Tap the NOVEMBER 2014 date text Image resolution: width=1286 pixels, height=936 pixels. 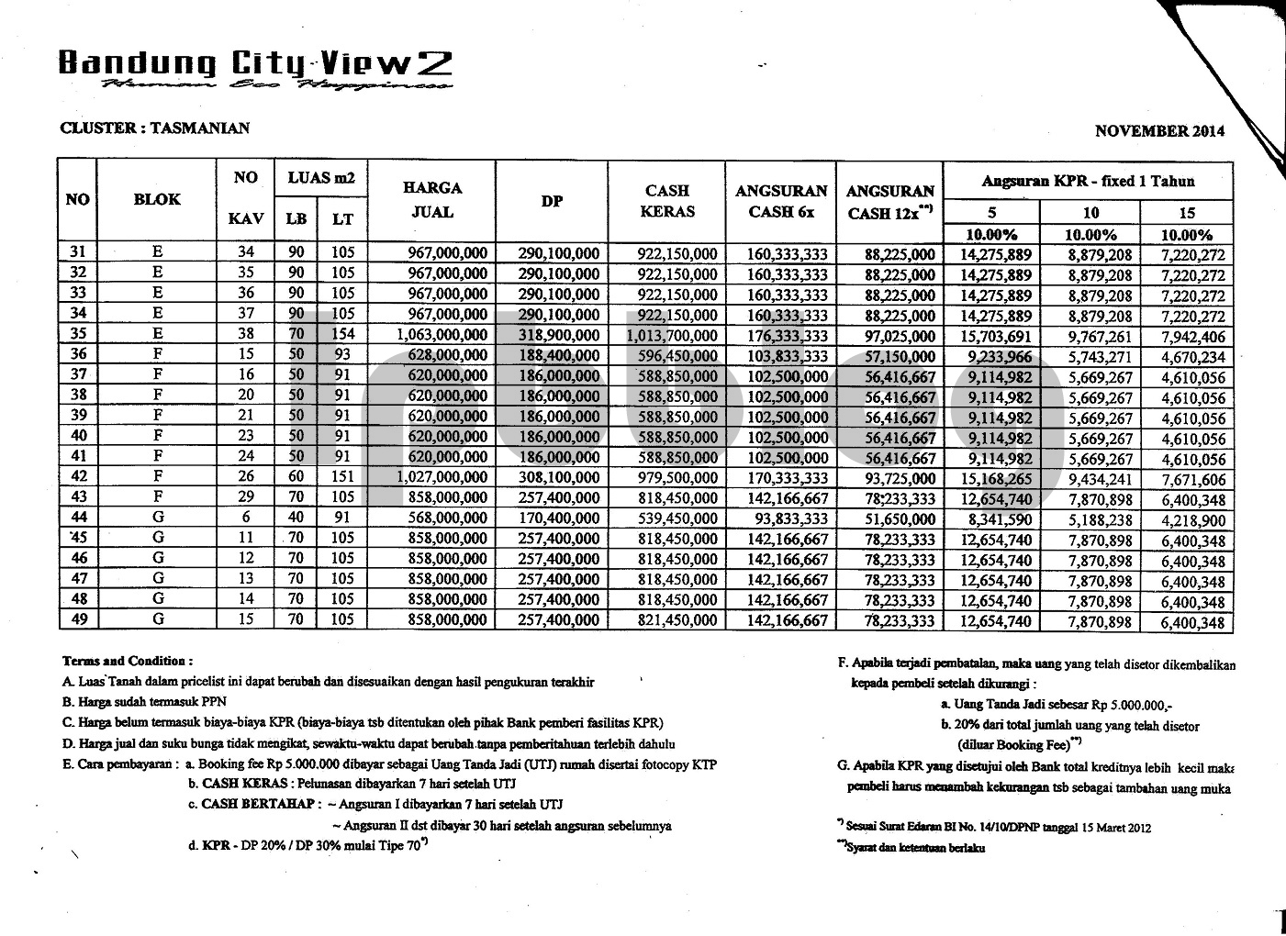pos(1159,131)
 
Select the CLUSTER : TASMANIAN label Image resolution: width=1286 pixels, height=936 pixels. pos(154,128)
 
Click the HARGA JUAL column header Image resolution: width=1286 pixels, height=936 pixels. pos(431,200)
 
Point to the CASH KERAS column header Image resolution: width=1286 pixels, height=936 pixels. pos(667,201)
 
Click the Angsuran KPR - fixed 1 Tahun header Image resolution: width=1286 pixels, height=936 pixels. pos(1089,181)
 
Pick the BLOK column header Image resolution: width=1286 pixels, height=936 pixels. pos(157,199)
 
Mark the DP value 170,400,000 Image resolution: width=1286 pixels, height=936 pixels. pos(559,519)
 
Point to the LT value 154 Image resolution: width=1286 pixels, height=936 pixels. pos(342,336)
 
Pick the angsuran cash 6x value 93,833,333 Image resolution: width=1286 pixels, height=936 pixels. pos(788,519)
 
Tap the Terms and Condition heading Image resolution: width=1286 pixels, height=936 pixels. pos(128,661)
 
